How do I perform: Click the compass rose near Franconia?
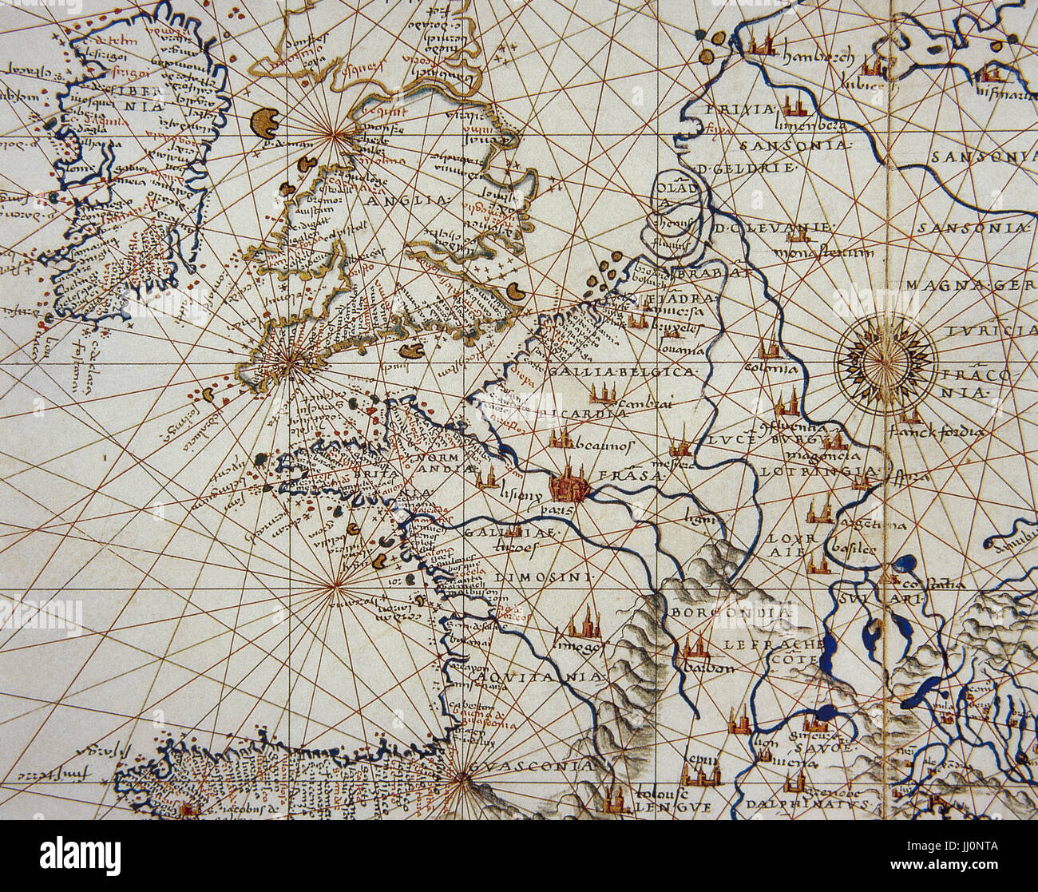(x=885, y=360)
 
